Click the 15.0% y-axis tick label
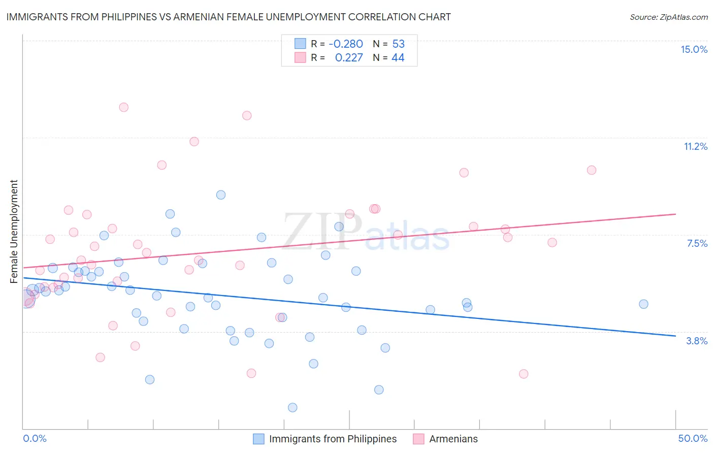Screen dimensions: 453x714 coord(694,49)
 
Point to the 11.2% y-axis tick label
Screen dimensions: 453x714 coord(695,146)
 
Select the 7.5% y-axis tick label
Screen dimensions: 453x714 coord(697,243)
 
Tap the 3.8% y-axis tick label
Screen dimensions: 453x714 coord(697,341)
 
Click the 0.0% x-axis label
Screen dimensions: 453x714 coord(35,438)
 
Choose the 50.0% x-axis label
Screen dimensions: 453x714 coord(693,438)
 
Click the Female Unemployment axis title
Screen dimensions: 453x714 coord(14,231)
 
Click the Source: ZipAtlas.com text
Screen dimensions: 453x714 coord(668,17)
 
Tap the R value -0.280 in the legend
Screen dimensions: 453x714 coord(345,44)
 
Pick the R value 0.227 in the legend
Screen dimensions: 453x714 coord(349,58)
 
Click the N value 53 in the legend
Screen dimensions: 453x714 coord(398,44)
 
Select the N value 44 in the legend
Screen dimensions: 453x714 coord(398,58)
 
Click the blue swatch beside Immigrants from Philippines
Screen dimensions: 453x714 coord(258,439)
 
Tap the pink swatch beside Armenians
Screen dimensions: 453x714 coord(418,439)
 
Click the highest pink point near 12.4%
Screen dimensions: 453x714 coord(123,107)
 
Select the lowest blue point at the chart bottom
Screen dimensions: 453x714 coord(293,407)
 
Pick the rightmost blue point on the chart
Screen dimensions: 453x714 coord(643,304)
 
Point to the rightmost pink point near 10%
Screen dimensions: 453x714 coord(591,170)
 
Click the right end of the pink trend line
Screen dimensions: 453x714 coord(675,214)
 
